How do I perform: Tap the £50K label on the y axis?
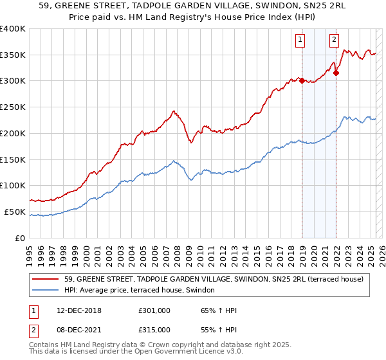14,212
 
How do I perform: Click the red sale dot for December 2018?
302,80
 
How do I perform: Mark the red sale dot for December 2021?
336,73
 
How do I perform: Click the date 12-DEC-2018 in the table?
75,310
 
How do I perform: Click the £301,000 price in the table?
154,310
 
